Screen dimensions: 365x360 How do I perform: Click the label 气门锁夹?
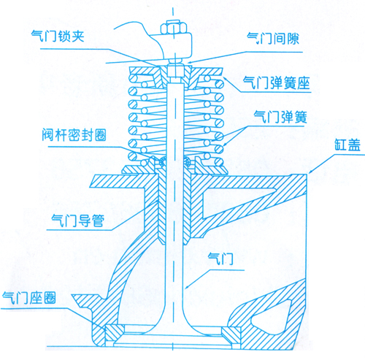tap(58, 37)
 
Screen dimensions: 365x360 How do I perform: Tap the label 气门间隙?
tap(273, 39)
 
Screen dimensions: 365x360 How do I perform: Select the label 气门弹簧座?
tap(277, 83)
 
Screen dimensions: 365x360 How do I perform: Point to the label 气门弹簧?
tap(280, 118)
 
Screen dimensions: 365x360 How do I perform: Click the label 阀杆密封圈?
tap(74, 134)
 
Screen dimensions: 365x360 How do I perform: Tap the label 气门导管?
tap(78, 221)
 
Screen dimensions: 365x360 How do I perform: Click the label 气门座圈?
tap(29, 297)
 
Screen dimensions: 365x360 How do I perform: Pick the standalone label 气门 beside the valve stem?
tap(221, 258)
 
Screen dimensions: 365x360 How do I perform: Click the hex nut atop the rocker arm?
tap(173, 28)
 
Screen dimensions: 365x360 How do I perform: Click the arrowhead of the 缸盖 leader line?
tap(309, 172)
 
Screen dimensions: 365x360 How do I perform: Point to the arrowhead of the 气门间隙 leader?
tap(188, 63)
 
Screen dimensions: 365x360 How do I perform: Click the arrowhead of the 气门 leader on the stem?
tap(186, 287)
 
